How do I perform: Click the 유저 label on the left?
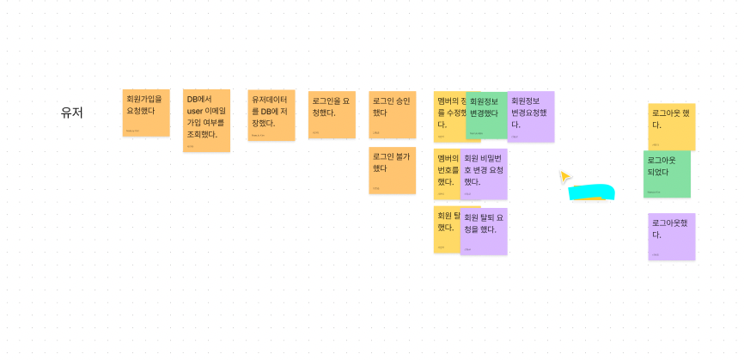[71, 112]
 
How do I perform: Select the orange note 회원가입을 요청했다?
[145, 113]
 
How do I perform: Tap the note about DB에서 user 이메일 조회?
[206, 120]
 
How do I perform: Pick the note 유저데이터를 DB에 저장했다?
[271, 114]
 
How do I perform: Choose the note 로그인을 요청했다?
[332, 114]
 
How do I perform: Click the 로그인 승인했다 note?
[392, 114]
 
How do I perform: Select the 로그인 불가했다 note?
[392, 170]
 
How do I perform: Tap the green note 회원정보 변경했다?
[487, 115]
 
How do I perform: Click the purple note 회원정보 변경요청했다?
[531, 116]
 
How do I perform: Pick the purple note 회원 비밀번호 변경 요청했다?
[484, 174]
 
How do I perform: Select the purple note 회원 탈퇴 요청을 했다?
[484, 230]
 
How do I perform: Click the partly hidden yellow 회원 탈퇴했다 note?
[445, 229]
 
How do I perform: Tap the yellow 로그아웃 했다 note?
[671, 126]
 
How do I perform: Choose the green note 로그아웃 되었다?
[667, 174]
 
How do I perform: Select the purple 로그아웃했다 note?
[671, 236]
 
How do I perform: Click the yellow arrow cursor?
[564, 177]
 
